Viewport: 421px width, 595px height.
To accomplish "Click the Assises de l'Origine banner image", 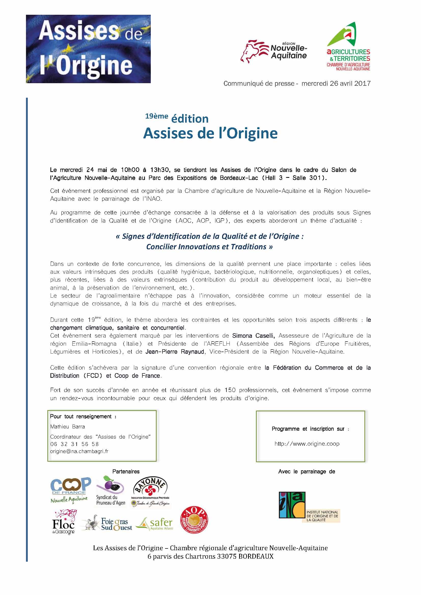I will tap(88, 49).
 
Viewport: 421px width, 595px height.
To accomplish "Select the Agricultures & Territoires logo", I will tap(348, 47).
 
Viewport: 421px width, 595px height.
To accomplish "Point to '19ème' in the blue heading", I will tap(156, 116).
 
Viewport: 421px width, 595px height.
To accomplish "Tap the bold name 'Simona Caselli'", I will tap(253, 336).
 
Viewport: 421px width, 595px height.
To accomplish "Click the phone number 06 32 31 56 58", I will tap(74, 444).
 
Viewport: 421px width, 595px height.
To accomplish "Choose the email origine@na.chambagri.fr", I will tap(79, 451).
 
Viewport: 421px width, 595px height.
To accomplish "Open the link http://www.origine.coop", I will tap(307, 444).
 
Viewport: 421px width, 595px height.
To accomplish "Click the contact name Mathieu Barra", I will tap(67, 427).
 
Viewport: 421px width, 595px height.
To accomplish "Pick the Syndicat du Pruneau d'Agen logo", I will tap(110, 490).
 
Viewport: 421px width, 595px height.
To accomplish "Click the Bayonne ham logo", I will tap(151, 492).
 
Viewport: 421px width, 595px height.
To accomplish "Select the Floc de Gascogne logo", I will tap(64, 522).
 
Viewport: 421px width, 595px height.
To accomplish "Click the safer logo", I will tap(155, 524).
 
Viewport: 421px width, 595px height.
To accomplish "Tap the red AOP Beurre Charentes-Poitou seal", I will tap(194, 521).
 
